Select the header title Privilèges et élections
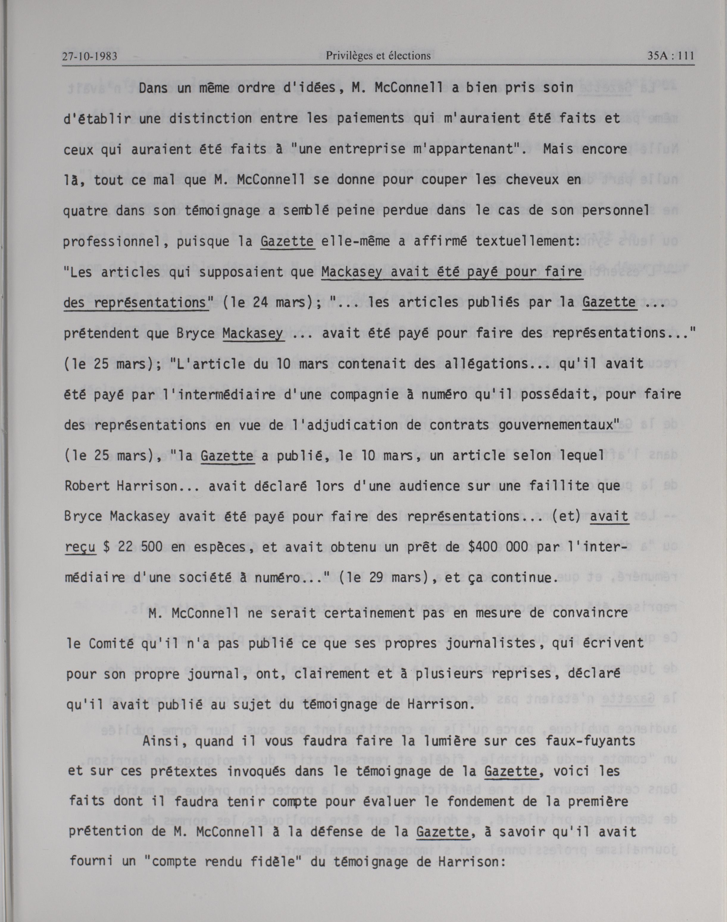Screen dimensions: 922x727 point(378,56)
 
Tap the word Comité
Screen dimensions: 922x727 point(107,643)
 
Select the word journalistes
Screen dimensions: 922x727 point(494,643)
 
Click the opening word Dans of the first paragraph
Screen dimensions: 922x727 point(154,88)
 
